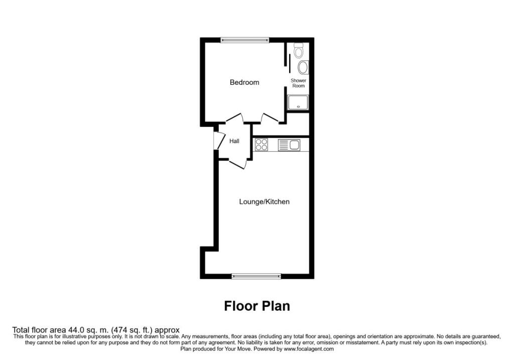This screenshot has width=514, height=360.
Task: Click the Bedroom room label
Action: [244, 82]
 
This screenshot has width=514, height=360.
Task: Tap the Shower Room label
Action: [299, 83]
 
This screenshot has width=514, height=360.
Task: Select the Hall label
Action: [234, 142]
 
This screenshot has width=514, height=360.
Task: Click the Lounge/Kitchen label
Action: [264, 202]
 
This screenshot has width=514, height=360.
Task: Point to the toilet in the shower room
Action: [299, 51]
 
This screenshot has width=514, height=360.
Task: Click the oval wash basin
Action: [303, 67]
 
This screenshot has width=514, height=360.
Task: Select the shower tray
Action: [298, 102]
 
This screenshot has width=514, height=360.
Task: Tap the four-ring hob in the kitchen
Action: [262, 145]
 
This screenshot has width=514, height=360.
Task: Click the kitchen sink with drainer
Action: [289, 145]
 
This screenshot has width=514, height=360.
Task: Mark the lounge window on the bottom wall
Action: [256, 276]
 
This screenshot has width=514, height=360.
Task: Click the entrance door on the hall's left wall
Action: [219, 141]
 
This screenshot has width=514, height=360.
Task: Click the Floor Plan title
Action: [256, 306]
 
